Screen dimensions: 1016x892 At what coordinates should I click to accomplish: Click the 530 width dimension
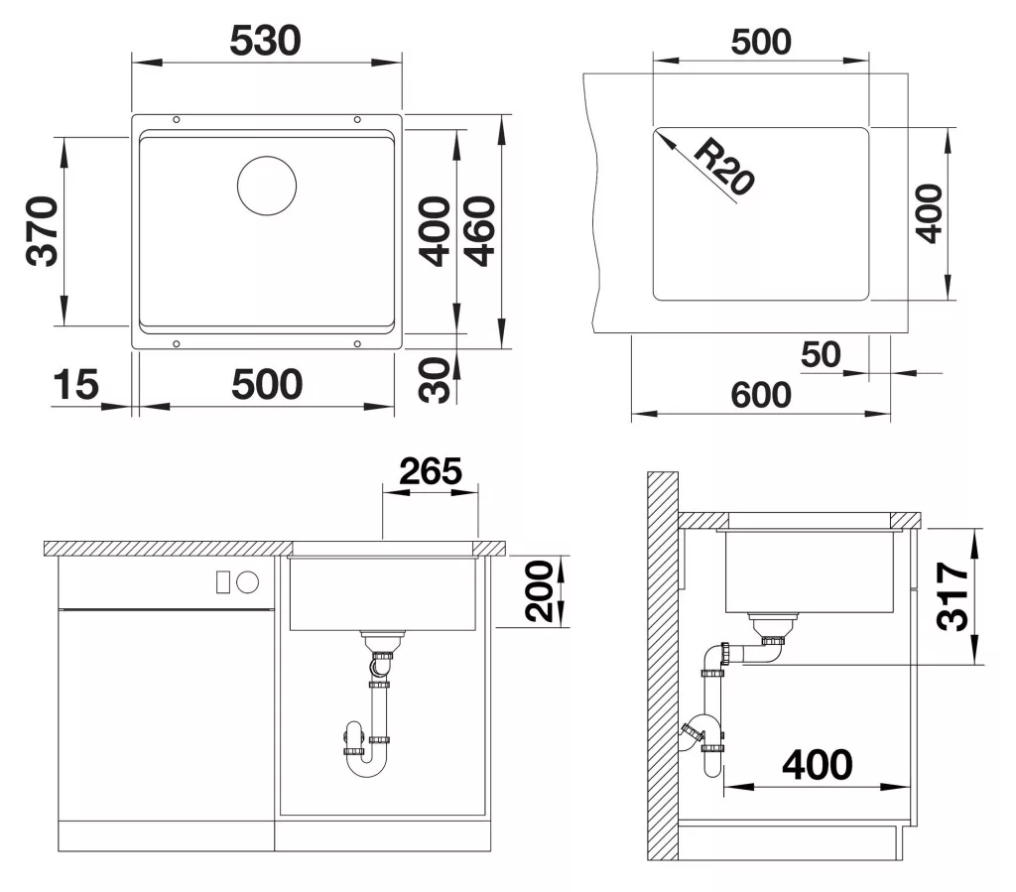click(266, 41)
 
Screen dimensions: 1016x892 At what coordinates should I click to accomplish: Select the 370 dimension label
click(43, 231)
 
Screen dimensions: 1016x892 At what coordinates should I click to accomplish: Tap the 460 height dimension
click(481, 231)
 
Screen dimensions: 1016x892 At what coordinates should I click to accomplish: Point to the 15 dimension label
click(75, 385)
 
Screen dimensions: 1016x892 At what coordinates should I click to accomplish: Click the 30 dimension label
click(435, 380)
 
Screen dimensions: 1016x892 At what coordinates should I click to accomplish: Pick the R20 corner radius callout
click(723, 167)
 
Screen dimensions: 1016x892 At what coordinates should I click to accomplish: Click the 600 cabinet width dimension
click(761, 395)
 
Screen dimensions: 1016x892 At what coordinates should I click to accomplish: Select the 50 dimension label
click(821, 354)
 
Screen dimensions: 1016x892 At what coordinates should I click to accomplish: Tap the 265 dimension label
click(431, 471)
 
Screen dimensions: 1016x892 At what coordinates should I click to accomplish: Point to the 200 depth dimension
click(539, 591)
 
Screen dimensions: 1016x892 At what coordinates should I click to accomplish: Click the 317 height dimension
click(952, 596)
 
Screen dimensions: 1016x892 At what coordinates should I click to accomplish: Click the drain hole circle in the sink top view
click(267, 186)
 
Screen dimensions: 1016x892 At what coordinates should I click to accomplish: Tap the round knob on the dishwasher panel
click(247, 582)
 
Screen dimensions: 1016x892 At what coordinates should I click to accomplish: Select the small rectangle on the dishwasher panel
click(223, 582)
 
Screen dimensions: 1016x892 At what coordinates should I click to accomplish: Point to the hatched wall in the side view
click(662, 666)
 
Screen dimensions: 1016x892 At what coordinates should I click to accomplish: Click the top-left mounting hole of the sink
click(177, 120)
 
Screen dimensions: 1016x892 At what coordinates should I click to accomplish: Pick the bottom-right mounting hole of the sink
click(357, 343)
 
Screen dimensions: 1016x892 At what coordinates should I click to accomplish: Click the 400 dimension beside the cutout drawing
click(929, 213)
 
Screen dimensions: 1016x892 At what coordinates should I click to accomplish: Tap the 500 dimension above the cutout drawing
click(761, 42)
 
